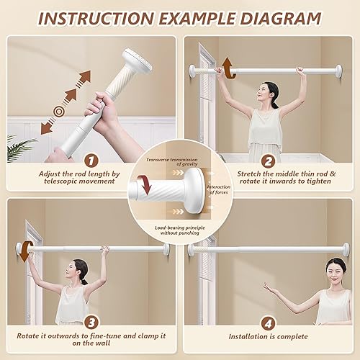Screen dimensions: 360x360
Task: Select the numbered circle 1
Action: coord(90,160)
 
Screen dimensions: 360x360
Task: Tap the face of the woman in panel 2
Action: coord(270,94)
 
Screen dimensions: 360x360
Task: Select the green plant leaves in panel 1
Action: coord(19,144)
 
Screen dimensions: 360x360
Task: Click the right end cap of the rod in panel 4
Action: coord(346,249)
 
